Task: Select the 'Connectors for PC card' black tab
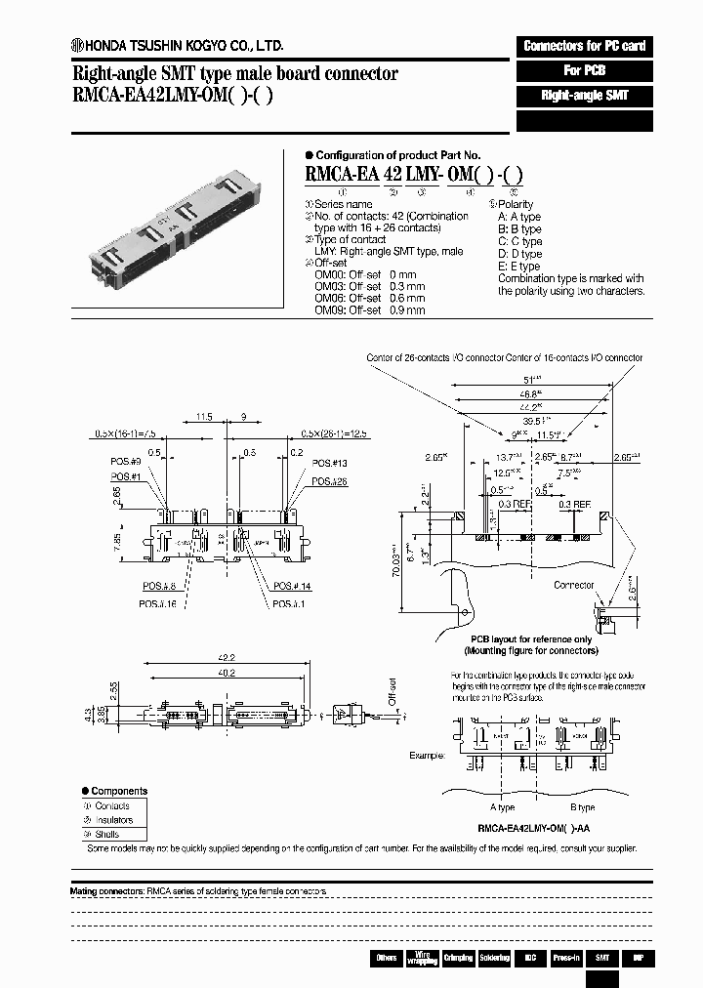coord(584,46)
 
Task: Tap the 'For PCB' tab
coord(584,70)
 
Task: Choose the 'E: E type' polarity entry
coord(518,266)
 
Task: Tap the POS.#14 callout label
coord(291,586)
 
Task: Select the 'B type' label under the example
coord(582,807)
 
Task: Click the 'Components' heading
coord(119,791)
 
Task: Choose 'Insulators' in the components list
coord(113,820)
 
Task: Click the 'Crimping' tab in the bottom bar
coord(457,958)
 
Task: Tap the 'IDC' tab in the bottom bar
coord(529,958)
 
